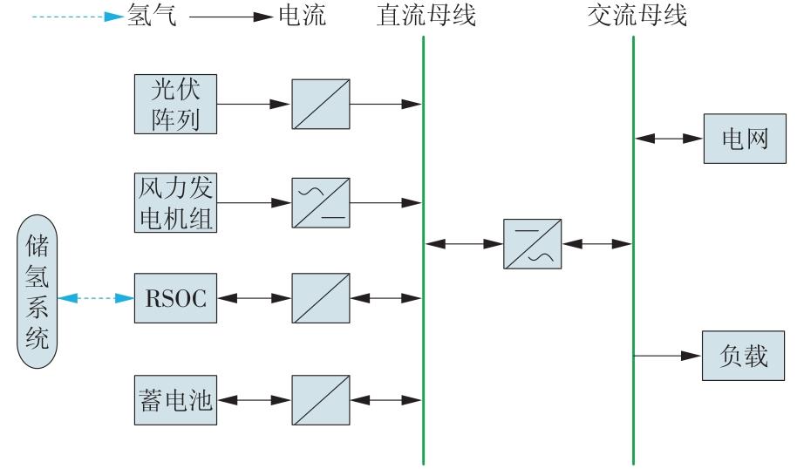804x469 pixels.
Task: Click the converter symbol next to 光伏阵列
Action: tap(321, 103)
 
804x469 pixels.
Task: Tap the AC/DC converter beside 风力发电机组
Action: tap(321, 203)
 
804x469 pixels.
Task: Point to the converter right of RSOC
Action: tap(321, 298)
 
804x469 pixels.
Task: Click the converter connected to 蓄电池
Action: tap(321, 400)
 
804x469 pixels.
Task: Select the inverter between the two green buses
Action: tap(532, 243)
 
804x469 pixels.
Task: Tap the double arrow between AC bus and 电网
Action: tap(669, 138)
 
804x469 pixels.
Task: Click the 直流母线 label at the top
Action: tap(427, 16)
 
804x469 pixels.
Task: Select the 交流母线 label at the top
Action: tap(637, 16)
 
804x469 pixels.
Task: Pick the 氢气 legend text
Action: tap(151, 16)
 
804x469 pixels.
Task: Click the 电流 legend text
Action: tap(301, 16)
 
